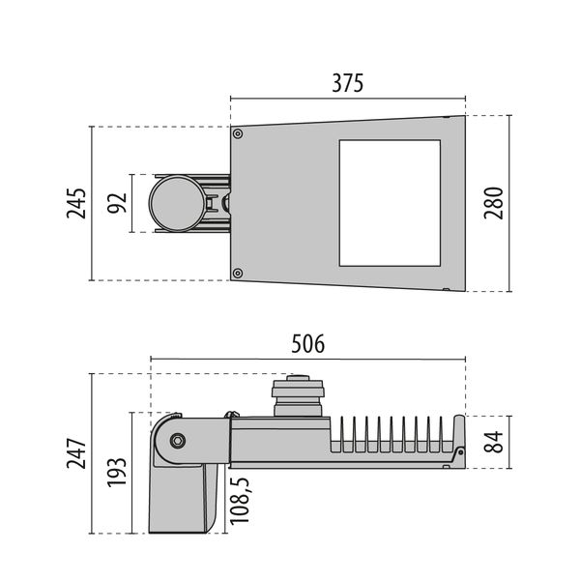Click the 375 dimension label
pyautogui.click(x=348, y=83)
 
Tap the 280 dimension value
pyautogui.click(x=494, y=203)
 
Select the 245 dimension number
pyautogui.click(x=76, y=203)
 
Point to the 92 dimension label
pyautogui.click(x=117, y=203)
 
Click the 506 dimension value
pyautogui.click(x=308, y=343)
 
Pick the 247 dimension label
pyautogui.click(x=76, y=453)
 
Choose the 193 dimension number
pyautogui.click(x=117, y=472)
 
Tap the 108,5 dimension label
pyautogui.click(x=240, y=501)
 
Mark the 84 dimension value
pyautogui.click(x=494, y=442)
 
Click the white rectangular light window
pyautogui.click(x=390, y=203)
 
